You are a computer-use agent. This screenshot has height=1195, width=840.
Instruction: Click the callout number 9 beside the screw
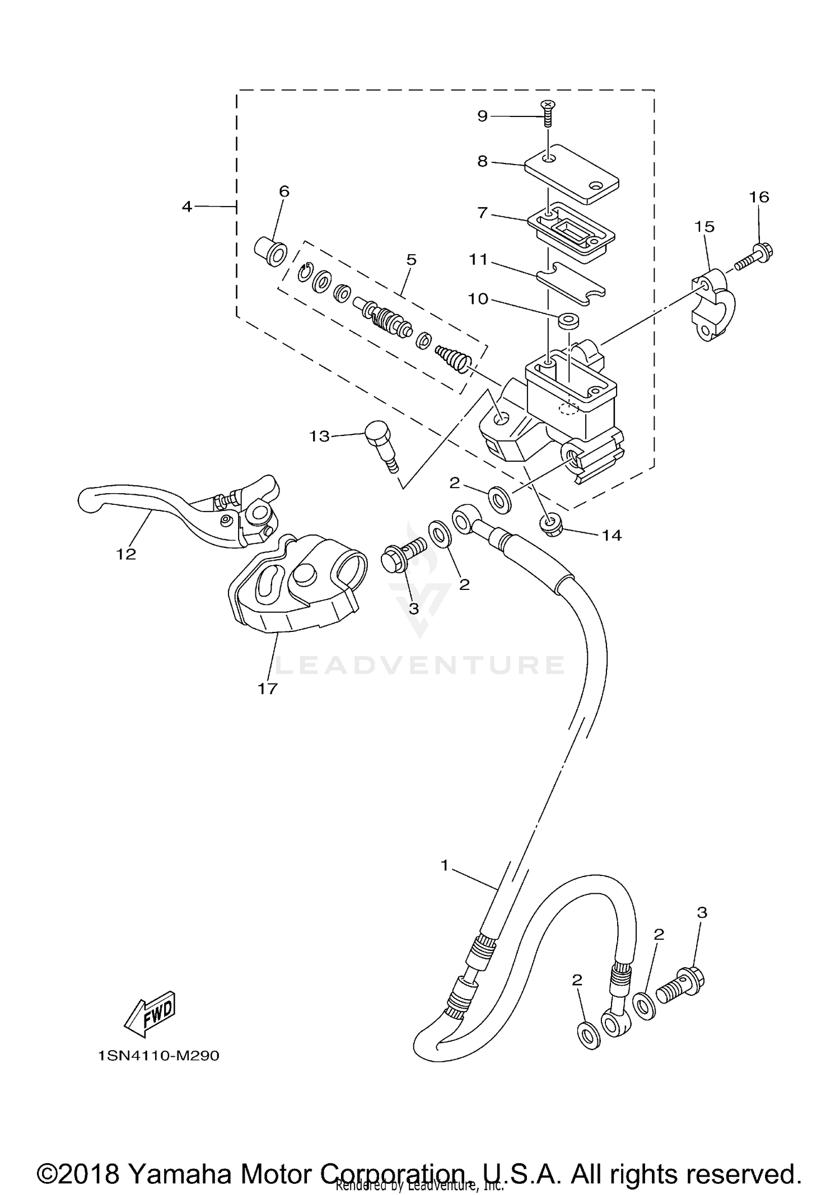pyautogui.click(x=482, y=116)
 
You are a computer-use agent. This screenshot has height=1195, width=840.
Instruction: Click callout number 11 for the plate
pyautogui.click(x=479, y=260)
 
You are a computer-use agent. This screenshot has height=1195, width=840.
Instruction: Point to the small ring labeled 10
pyautogui.click(x=568, y=321)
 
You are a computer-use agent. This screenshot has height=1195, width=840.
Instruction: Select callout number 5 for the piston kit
pyautogui.click(x=412, y=260)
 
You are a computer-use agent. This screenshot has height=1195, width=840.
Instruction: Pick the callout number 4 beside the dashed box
pyautogui.click(x=187, y=207)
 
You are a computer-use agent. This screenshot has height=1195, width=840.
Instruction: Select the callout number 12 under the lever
pyautogui.click(x=127, y=554)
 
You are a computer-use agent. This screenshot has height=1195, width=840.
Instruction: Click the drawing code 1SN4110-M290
pyautogui.click(x=158, y=1056)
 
